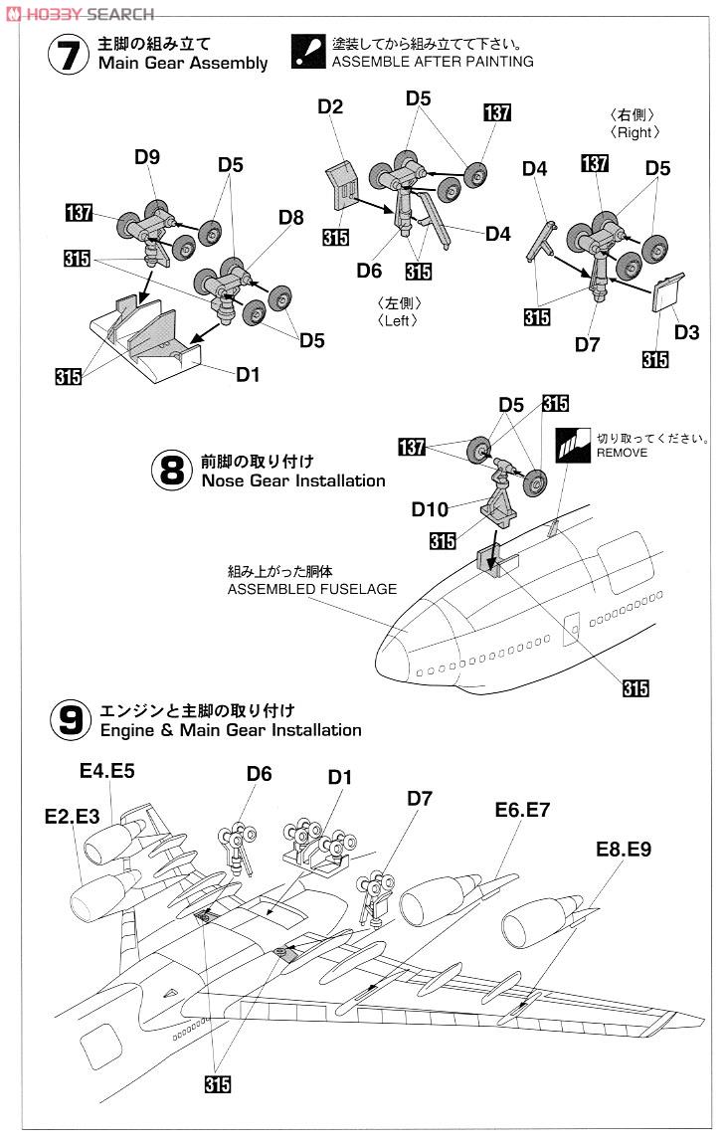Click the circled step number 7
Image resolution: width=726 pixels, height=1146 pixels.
coord(68,55)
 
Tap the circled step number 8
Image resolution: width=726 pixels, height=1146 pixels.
coord(172,471)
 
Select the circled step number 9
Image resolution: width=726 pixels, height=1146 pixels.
coord(69,719)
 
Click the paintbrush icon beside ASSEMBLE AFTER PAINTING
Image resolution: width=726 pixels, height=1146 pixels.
coord(308,52)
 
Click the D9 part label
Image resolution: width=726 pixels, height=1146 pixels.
coord(147,156)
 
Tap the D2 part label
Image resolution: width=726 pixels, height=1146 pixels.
coord(331,106)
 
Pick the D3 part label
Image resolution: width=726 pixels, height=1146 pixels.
coord(686,331)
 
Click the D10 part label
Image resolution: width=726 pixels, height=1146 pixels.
coord(430,509)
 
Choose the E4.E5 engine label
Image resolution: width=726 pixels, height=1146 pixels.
coord(107,769)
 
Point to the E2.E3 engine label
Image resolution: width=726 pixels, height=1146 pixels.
coord(73,815)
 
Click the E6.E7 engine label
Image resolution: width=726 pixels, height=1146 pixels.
coord(522,811)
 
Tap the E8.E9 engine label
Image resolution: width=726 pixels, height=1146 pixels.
coord(623,849)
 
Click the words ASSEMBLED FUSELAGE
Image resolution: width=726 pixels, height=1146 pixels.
coord(311,589)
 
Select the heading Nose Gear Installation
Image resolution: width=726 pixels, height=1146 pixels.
coord(292,480)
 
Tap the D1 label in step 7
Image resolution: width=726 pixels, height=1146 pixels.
coord(249,374)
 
